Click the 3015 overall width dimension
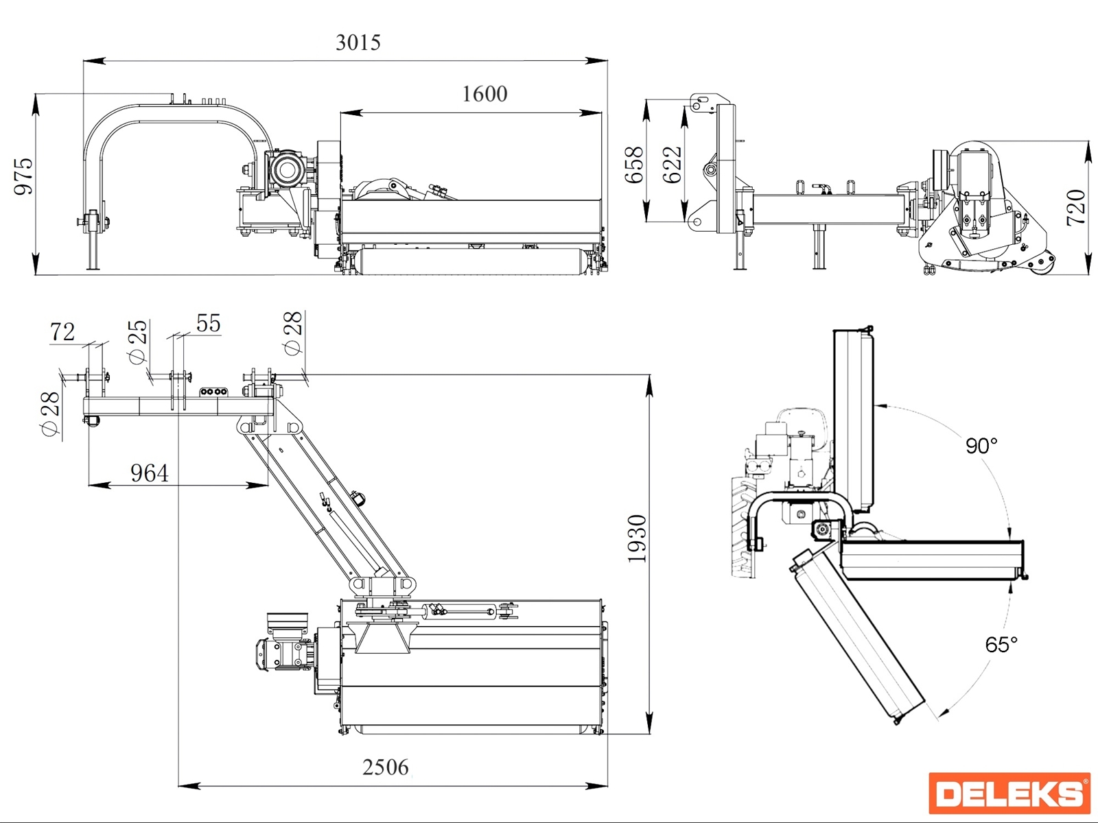pyautogui.click(x=358, y=43)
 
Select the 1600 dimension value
pyautogui.click(x=484, y=94)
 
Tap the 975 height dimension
pyautogui.click(x=24, y=176)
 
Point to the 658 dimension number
pyautogui.click(x=634, y=165)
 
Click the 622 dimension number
pyautogui.click(x=673, y=165)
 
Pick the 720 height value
pyautogui.click(x=1076, y=207)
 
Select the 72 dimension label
pyautogui.click(x=62, y=332)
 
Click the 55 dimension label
pyautogui.click(x=209, y=323)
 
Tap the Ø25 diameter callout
pyautogui.click(x=138, y=341)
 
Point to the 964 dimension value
pyautogui.click(x=150, y=473)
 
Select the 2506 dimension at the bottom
pyautogui.click(x=385, y=767)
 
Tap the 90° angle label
pyautogui.click(x=981, y=446)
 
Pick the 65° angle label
pyautogui.click(x=1001, y=645)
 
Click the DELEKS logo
pyautogui.click(x=1009, y=794)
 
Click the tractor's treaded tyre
pyautogui.click(x=741, y=528)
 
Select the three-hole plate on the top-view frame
pyautogui.click(x=213, y=392)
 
